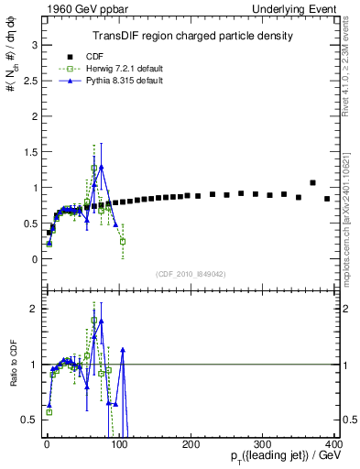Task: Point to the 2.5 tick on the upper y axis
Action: click(x=28, y=80)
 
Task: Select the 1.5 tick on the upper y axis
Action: click(x=28, y=151)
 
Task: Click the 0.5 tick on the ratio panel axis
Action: click(x=28, y=419)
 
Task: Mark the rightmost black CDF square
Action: click(x=327, y=198)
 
